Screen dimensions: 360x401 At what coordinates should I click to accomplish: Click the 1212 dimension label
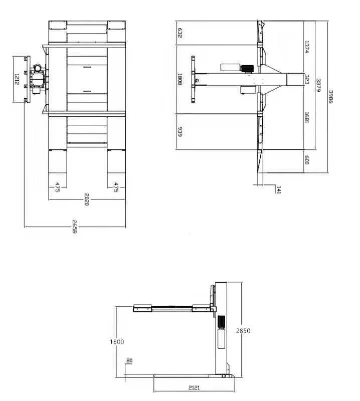[17, 79]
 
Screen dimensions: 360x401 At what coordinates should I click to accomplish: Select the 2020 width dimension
[87, 199]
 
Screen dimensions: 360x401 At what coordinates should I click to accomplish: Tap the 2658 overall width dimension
[74, 227]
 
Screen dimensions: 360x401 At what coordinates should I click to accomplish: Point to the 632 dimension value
[180, 33]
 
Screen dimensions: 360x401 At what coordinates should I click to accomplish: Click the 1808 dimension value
[180, 79]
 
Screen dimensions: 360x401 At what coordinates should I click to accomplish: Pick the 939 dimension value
[180, 131]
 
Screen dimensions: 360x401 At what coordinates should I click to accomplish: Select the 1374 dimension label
[306, 47]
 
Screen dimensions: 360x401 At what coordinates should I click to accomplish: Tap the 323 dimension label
[307, 79]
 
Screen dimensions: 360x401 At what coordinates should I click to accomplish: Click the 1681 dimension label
[306, 117]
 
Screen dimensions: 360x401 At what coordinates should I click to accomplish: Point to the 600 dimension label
[307, 160]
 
